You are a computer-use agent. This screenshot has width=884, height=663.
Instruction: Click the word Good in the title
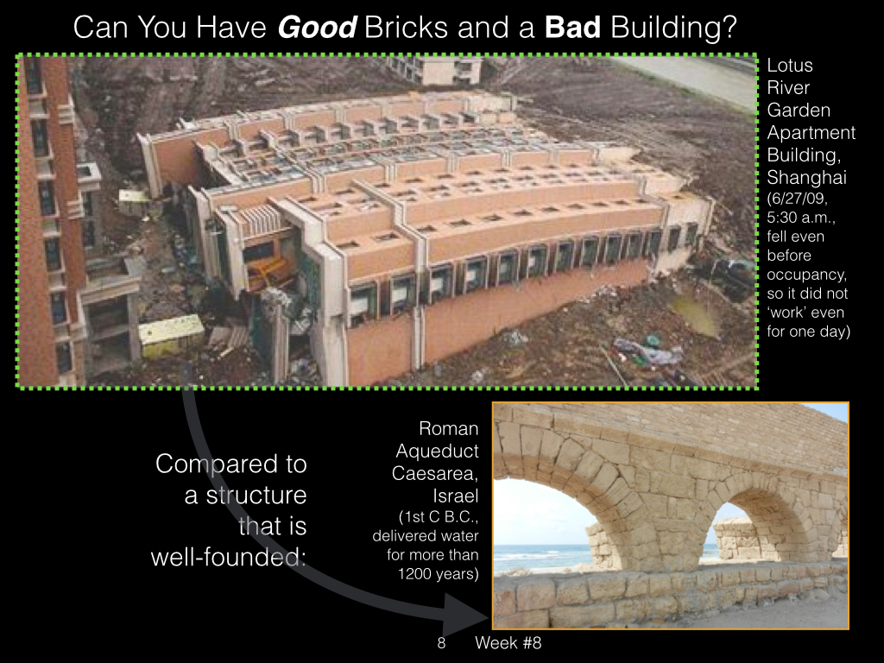(317, 27)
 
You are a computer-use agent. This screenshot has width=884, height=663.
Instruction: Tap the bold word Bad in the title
(572, 27)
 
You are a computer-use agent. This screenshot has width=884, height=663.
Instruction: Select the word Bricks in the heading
(406, 27)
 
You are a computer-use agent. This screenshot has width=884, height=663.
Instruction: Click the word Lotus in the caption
(790, 66)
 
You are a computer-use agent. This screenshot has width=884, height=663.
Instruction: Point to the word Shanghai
(806, 178)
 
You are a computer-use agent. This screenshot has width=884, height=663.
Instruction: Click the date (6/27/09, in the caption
(797, 199)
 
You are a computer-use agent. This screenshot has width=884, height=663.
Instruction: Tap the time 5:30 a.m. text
(800, 218)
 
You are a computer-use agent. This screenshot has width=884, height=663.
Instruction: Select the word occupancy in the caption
(806, 275)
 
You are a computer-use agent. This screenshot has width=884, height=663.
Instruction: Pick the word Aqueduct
(437, 451)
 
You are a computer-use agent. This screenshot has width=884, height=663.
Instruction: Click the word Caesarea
(435, 474)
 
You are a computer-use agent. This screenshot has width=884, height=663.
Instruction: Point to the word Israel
(456, 496)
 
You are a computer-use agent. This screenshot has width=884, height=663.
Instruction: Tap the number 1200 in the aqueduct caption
(415, 574)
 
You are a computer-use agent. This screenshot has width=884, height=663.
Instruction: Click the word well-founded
(228, 557)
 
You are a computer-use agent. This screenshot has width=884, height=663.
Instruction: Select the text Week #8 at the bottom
(508, 642)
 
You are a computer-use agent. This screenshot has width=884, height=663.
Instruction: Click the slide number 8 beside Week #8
(441, 642)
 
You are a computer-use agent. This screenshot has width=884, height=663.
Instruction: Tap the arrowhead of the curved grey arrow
(467, 614)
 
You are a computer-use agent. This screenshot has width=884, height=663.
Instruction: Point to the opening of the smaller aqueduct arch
(727, 535)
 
